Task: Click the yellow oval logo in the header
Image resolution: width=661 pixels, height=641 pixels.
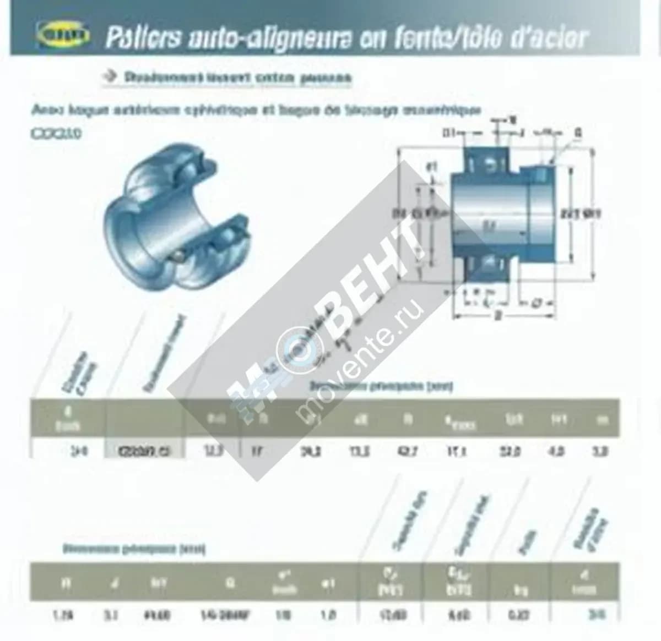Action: (63, 37)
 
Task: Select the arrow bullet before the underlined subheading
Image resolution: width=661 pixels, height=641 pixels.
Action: (110, 76)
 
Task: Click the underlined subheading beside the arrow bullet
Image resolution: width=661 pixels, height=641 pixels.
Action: (237, 78)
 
